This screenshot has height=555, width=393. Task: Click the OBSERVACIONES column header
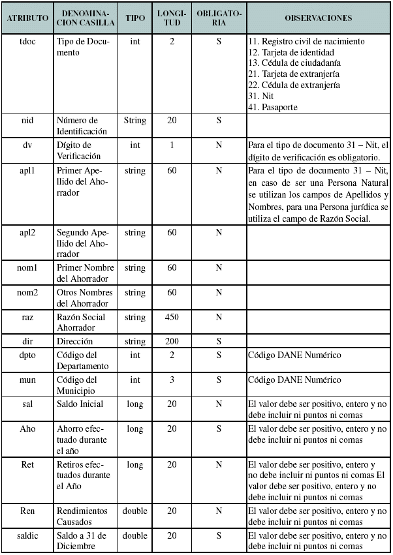point(319,18)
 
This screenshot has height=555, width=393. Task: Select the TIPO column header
point(135,18)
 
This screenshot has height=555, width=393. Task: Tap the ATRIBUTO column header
point(27,18)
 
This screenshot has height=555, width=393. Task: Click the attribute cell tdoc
point(27,41)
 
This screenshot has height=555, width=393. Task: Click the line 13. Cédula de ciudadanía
point(294,63)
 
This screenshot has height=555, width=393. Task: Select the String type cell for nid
point(135,121)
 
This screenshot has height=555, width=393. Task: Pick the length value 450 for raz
point(172,317)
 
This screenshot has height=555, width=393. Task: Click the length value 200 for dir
point(172,341)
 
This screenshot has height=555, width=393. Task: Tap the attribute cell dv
point(27,145)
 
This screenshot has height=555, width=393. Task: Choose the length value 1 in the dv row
point(172,145)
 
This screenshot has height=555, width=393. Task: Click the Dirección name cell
point(74,341)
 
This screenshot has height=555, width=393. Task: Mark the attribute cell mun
point(27,380)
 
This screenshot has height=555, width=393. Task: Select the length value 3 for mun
point(172,380)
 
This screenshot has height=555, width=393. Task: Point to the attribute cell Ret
point(27,464)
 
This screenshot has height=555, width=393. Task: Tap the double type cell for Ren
point(135,511)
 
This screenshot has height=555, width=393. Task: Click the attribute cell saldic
point(27,535)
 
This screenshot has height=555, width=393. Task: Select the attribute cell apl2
point(27,232)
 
